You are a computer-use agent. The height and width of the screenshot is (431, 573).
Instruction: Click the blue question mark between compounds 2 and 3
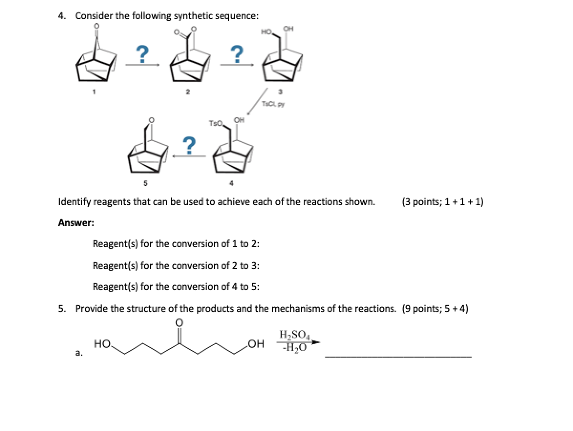236,52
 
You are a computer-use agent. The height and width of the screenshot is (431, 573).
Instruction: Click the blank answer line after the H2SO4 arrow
397,356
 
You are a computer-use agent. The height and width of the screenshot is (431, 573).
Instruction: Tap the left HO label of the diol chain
103,343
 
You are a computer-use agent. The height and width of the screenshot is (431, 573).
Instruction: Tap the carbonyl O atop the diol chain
179,323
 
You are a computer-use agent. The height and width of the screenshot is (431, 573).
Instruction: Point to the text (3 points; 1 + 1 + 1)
443,202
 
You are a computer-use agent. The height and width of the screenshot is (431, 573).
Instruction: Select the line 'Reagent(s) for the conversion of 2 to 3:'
176,265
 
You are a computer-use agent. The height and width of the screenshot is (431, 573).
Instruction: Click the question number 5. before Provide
62,308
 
